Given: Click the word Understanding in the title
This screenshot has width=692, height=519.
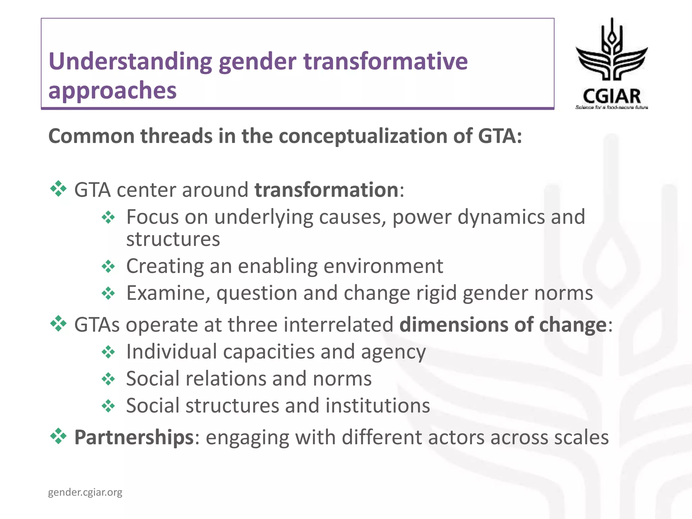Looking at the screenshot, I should point(130,62).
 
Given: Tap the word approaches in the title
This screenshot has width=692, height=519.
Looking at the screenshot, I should point(112,91).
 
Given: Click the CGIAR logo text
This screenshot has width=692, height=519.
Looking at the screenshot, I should point(612,96).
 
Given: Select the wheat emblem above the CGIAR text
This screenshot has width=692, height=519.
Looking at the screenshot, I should point(612,51).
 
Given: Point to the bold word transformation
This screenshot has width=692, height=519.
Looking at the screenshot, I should point(326,190).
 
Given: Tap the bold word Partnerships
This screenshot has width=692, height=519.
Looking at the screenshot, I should point(134,437).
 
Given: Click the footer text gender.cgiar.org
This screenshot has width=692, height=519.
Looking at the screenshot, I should point(85,492).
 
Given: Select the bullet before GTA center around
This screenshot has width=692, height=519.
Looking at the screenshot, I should point(58,189).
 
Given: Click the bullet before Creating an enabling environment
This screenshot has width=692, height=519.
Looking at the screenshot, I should point(108,267).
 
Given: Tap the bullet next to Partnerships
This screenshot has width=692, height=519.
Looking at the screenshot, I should point(58,436).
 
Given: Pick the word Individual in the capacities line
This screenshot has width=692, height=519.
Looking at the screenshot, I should point(171,352).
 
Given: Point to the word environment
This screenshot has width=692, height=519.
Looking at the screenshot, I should point(383,266).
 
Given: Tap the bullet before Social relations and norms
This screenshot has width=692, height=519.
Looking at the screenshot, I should point(108,379).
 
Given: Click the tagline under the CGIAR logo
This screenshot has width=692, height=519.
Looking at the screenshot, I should point(612,107).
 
